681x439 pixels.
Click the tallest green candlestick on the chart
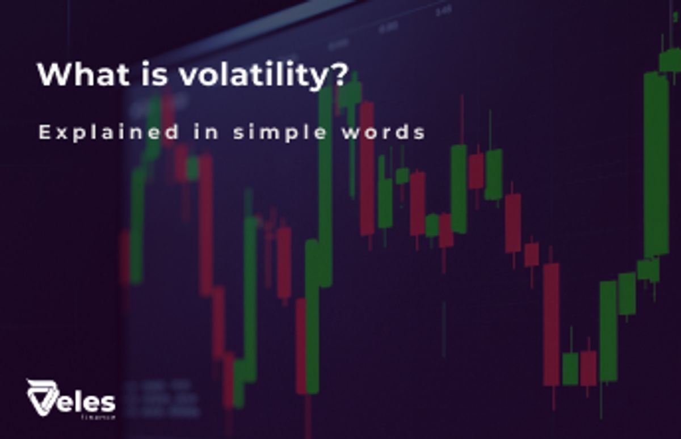click(656, 164)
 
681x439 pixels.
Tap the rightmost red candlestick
click(588, 369)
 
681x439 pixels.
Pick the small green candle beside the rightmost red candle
click(570, 369)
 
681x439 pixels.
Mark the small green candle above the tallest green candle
click(670, 60)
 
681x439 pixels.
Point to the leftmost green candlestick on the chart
click(137, 227)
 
